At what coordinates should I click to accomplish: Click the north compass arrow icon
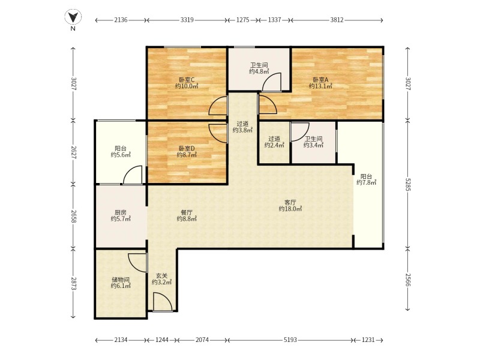click(x=73, y=17)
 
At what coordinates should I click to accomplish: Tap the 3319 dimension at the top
click(x=187, y=20)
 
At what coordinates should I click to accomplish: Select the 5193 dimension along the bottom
click(x=290, y=340)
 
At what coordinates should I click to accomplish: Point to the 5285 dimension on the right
click(x=407, y=184)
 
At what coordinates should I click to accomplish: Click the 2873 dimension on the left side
click(x=73, y=284)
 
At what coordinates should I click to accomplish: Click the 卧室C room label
click(x=187, y=80)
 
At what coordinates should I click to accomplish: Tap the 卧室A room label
click(x=320, y=80)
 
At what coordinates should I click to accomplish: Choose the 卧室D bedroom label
click(x=187, y=148)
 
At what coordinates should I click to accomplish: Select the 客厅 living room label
click(x=290, y=202)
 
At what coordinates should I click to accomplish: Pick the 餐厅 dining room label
click(x=187, y=212)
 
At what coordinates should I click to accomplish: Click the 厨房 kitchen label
click(x=121, y=212)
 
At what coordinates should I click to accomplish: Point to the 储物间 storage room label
click(x=121, y=280)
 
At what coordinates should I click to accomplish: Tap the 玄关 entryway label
click(x=161, y=276)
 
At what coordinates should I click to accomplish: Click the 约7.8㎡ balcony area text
click(x=367, y=183)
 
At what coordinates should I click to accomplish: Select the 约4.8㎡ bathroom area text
click(x=259, y=71)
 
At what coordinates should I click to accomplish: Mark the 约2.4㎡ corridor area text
click(x=274, y=145)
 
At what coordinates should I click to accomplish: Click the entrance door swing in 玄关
click(x=163, y=302)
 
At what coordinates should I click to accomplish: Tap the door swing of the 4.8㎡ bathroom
click(x=271, y=82)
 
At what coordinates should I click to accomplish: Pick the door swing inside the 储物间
click(x=137, y=263)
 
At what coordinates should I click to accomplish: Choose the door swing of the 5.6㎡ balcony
click(x=133, y=175)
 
